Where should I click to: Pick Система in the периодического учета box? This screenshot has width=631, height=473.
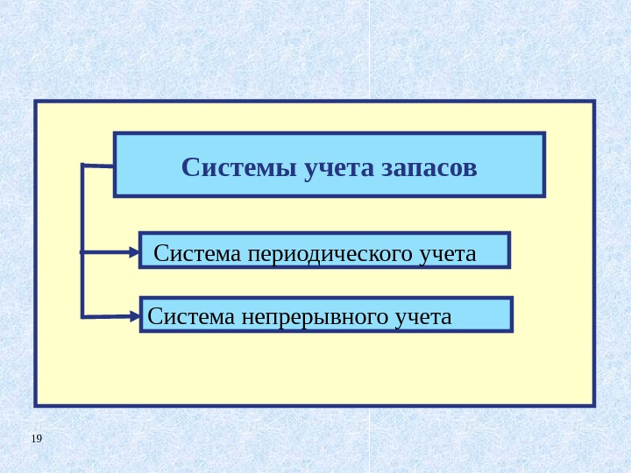(199, 254)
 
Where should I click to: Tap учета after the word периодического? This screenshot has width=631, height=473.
(447, 254)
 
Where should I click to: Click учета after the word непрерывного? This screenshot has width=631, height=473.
(422, 316)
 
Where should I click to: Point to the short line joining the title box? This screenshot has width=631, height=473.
(99, 165)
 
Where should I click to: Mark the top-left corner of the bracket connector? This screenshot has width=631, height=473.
(83, 165)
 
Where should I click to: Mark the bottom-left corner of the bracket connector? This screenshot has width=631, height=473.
(83, 315)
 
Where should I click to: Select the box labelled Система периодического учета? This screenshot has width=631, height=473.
(324, 250)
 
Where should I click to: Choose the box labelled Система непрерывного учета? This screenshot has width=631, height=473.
(326, 314)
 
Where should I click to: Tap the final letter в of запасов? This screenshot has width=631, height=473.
(471, 167)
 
